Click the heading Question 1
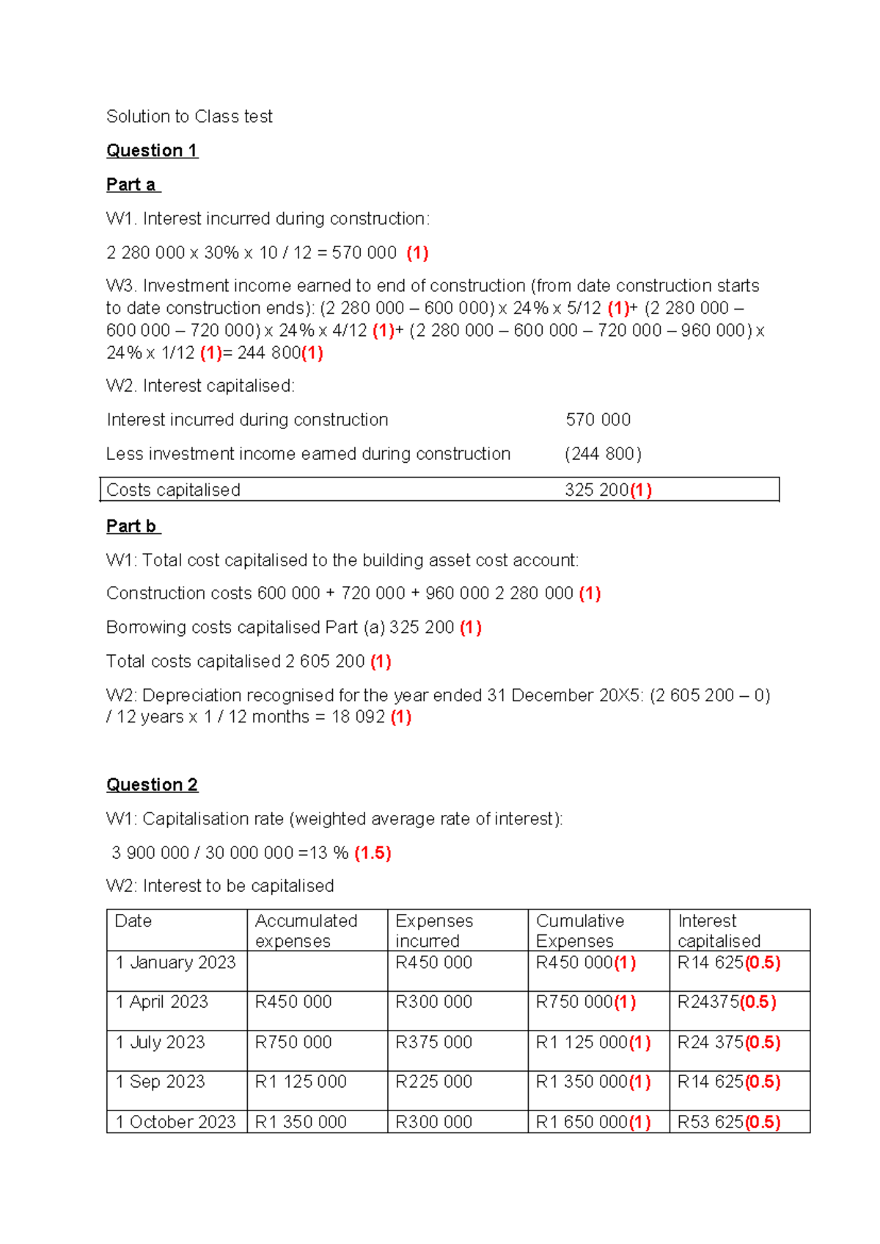tap(152, 150)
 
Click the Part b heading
tap(132, 526)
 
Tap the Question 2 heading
tap(152, 785)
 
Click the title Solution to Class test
tap(189, 117)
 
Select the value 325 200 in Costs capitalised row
tap(596, 490)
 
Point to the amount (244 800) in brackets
tap(603, 454)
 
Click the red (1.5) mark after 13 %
tap(373, 852)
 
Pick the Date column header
tap(133, 921)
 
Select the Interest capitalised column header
tap(719, 931)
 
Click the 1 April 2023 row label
tap(162, 1002)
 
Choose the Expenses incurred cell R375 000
tap(433, 1042)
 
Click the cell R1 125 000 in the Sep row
tap(301, 1082)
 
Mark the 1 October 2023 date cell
tap(175, 1122)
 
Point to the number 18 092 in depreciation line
tap(358, 717)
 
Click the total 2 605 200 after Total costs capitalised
tap(325, 661)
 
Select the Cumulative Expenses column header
tap(579, 931)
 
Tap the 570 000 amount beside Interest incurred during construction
tap(598, 420)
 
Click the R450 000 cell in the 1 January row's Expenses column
tap(433, 962)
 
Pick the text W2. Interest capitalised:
tap(200, 386)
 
